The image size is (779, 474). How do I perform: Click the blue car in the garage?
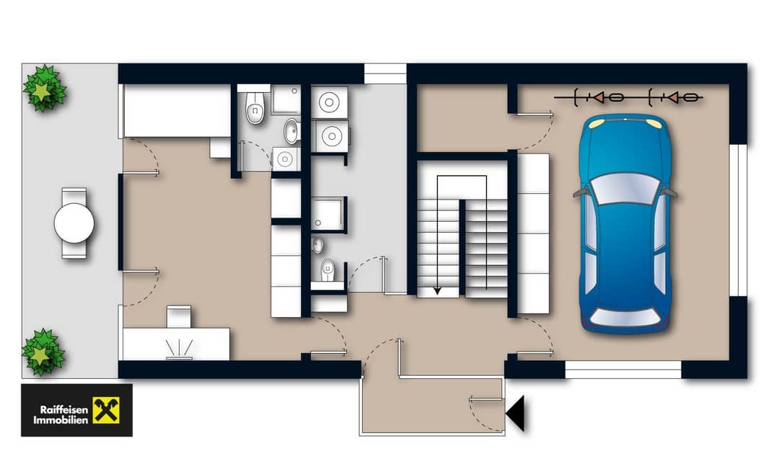(x=625, y=223)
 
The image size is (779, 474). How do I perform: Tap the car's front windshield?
(x=625, y=189)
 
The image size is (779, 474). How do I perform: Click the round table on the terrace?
(x=74, y=223)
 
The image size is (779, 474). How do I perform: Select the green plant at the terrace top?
(x=45, y=89)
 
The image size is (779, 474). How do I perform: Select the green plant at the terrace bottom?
(x=43, y=352)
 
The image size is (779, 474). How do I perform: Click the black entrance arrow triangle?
(x=515, y=413)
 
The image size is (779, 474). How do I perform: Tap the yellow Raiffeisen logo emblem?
(x=106, y=410)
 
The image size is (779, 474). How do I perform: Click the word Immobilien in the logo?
(x=61, y=420)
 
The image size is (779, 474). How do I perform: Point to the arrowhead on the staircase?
(x=437, y=290)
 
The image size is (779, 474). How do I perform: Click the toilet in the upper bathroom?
(x=255, y=108)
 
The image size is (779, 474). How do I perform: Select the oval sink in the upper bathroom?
(x=291, y=131)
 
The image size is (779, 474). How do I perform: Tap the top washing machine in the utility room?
(x=329, y=103)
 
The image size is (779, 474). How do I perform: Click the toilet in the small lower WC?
(x=327, y=270)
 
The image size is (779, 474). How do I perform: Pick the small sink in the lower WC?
(x=317, y=244)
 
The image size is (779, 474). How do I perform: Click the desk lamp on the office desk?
(x=180, y=349)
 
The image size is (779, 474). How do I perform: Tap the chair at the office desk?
(x=178, y=316)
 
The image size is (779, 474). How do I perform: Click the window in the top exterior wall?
(x=385, y=73)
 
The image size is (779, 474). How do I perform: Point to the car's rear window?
(x=624, y=317)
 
